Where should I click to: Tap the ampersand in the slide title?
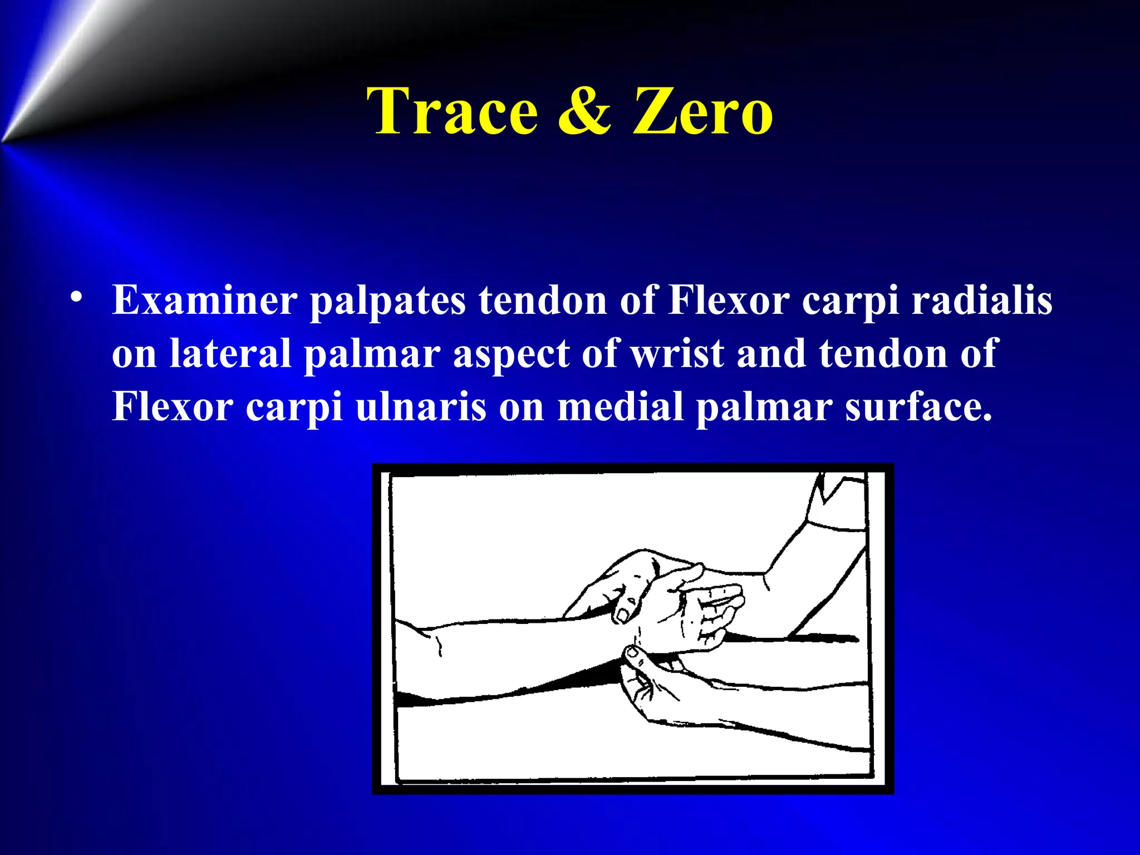pos(584,111)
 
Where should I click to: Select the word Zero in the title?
pos(702,111)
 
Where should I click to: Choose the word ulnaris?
pos(421,407)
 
